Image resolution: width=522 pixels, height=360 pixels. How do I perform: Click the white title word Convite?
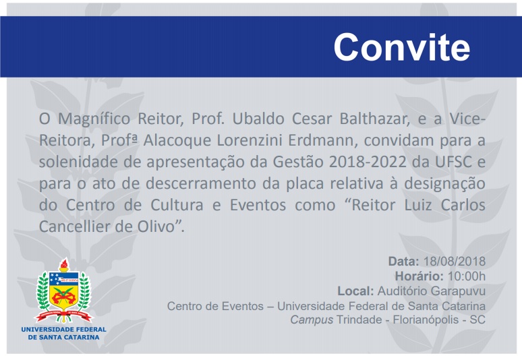tap(401, 47)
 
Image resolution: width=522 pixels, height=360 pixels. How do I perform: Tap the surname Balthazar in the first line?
tap(374, 119)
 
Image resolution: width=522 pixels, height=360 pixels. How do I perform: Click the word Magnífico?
tap(94, 119)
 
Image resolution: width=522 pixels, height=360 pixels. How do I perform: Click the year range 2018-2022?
tap(368, 162)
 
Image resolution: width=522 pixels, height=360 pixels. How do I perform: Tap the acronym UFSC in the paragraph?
tap(453, 162)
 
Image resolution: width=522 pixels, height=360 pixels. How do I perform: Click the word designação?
tap(444, 184)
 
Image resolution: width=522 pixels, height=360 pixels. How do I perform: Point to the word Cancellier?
tap(74, 227)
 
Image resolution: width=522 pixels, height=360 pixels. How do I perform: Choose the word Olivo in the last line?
tap(156, 227)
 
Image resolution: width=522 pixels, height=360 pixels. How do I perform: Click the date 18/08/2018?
tap(454, 261)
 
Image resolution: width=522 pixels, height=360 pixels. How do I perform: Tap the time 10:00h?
tap(467, 276)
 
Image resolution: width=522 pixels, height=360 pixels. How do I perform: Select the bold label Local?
tap(355, 291)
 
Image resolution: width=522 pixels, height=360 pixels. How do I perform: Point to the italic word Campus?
tap(312, 320)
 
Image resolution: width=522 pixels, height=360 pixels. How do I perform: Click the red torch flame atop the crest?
tap(63, 264)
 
